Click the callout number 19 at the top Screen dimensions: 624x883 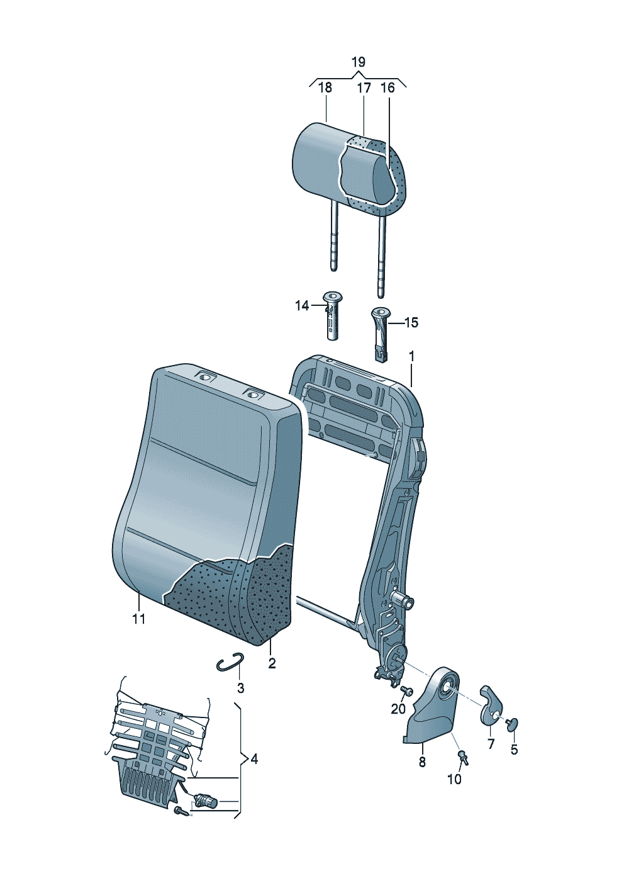tap(359, 62)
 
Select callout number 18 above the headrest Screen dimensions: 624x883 tap(325, 87)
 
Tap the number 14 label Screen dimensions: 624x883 tap(302, 305)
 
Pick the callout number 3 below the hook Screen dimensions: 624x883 tap(240, 689)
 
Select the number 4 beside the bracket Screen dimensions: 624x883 tap(254, 759)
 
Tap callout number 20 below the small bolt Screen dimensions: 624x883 tap(398, 709)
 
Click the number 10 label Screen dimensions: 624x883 tap(454, 779)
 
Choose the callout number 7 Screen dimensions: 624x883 tap(491, 745)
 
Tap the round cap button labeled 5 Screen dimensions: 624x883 tap(512, 724)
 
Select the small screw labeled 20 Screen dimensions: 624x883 tap(406, 690)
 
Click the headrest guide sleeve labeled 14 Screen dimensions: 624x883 tap(332, 316)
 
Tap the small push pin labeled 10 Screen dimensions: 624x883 tap(463, 757)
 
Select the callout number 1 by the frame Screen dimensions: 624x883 tap(411, 357)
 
